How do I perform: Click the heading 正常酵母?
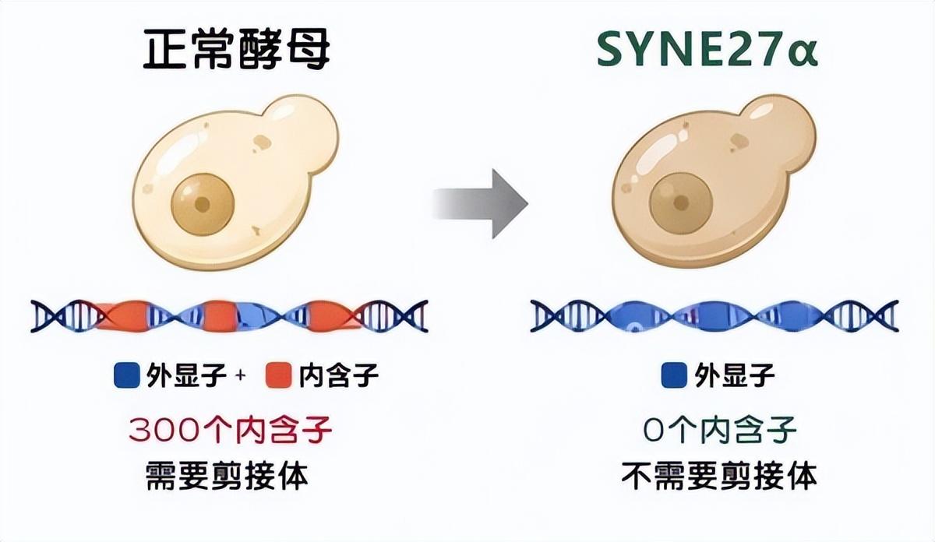[x=237, y=49]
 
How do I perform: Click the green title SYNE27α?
[x=707, y=49]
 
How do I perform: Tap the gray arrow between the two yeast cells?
[x=481, y=203]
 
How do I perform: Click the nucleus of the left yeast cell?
[x=203, y=205]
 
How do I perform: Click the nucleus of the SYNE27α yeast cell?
[x=681, y=203]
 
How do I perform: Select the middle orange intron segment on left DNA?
[x=221, y=316]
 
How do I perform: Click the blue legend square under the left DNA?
[x=126, y=375]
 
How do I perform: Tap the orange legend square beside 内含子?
[x=278, y=375]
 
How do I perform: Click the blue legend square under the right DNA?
[x=675, y=375]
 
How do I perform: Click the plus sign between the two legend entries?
[x=241, y=375]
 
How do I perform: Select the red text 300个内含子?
[x=231, y=430]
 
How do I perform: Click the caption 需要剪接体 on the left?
[x=228, y=476]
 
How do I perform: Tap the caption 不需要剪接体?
[x=719, y=476]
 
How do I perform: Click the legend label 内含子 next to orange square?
[x=339, y=375]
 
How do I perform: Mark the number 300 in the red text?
[x=163, y=431]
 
